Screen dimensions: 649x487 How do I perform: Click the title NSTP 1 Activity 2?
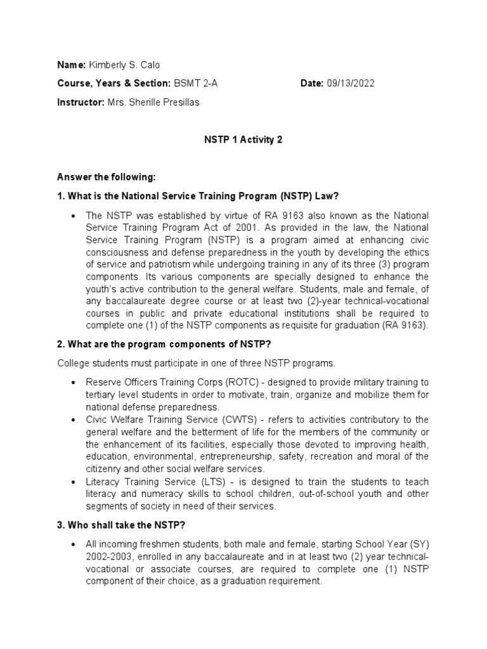coord(243,140)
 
